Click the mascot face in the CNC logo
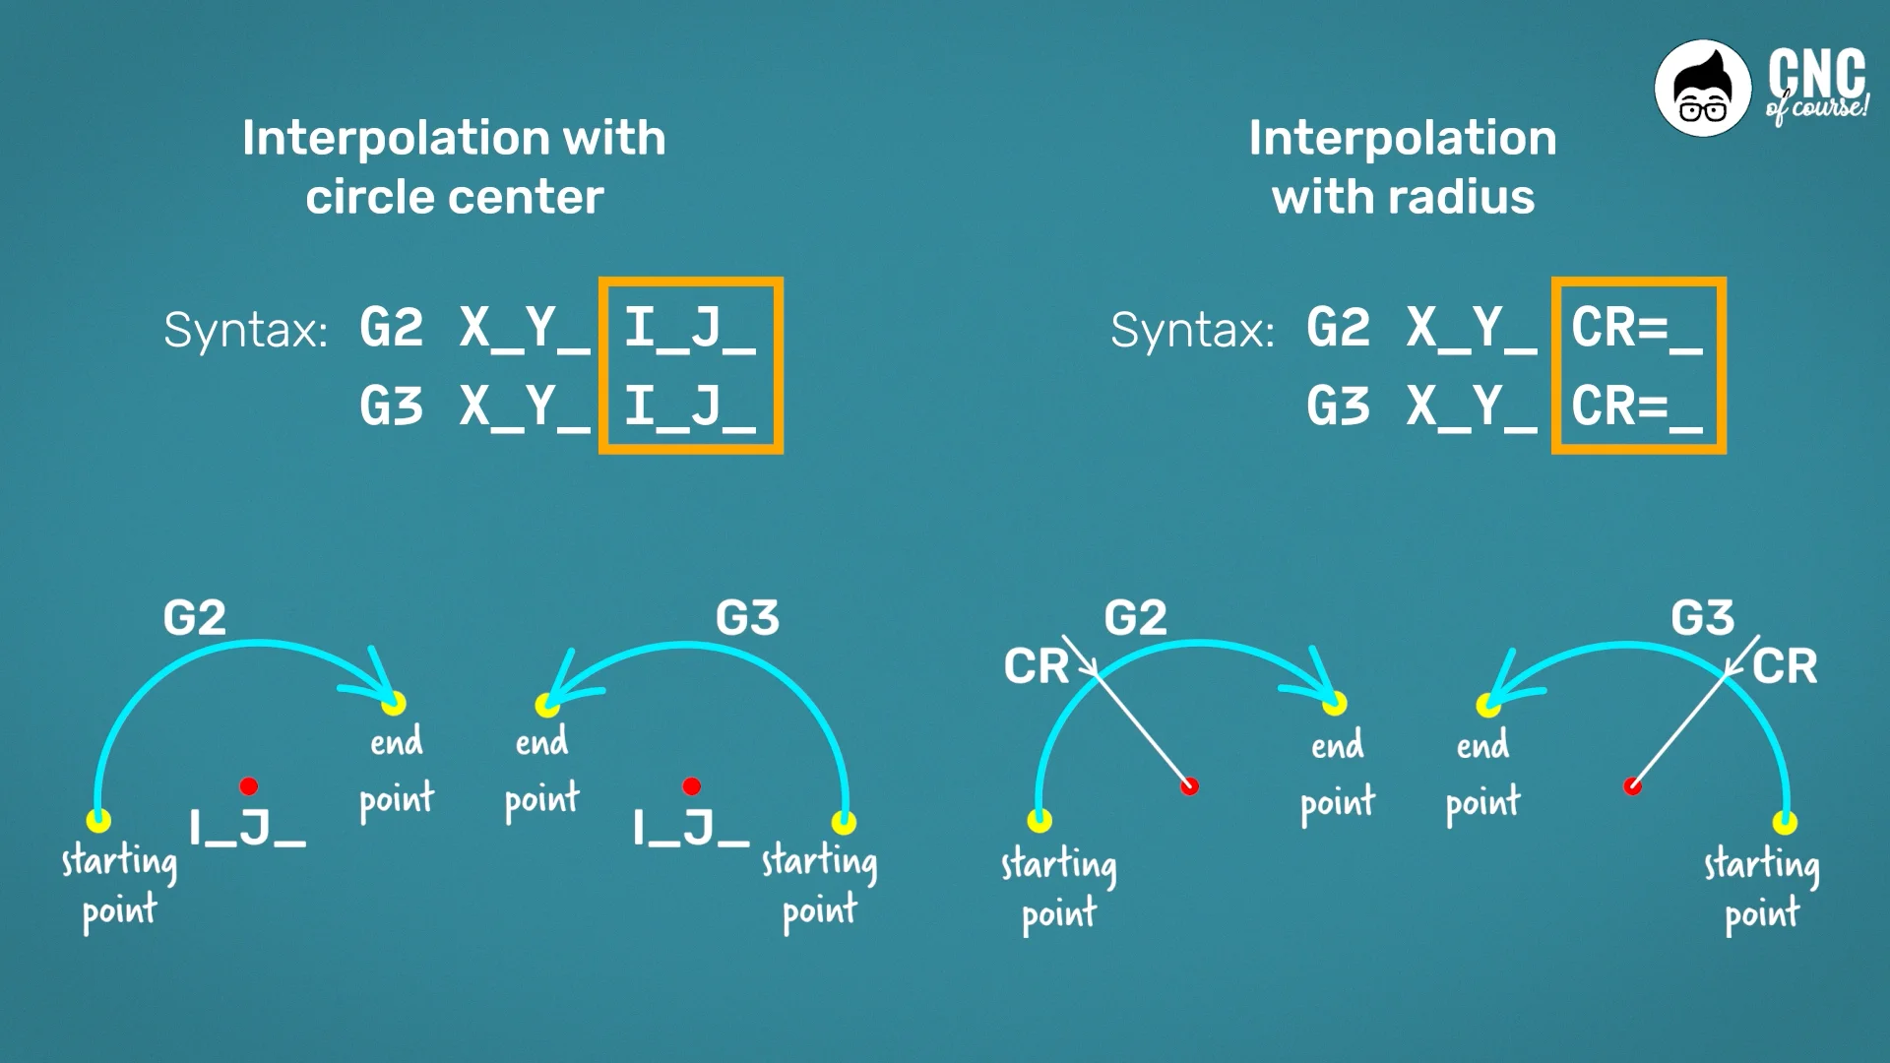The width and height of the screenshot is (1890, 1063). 1703,89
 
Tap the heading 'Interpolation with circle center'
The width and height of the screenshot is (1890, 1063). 454,166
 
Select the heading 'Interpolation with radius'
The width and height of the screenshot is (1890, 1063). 1403,166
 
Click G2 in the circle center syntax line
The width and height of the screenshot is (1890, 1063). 391,327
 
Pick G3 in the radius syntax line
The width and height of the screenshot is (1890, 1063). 1338,406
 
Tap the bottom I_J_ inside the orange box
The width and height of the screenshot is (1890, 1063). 689,406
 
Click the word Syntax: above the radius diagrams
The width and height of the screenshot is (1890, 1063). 1192,330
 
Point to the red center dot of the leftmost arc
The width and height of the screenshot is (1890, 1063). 249,785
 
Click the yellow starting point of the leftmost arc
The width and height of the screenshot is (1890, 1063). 98,820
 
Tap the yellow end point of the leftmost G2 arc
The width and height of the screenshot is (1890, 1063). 394,703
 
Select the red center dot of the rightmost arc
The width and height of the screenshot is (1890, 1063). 1633,786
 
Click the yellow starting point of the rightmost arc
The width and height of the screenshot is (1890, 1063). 1786,822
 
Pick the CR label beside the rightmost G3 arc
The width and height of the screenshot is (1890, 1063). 1785,666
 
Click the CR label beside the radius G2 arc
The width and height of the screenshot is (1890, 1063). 1036,666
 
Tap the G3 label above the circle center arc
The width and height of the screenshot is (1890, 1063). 747,618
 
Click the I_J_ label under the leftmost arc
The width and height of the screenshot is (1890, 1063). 247,829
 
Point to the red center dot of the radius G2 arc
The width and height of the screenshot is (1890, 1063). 1190,786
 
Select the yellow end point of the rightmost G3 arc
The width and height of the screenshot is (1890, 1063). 1488,705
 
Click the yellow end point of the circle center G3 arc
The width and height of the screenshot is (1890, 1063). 547,705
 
